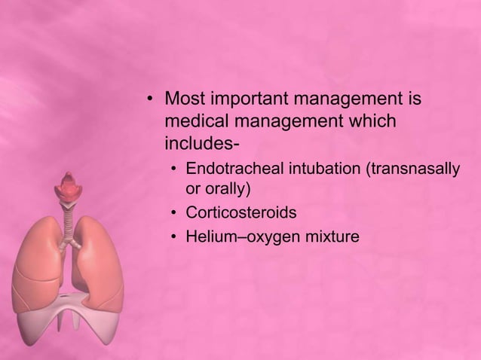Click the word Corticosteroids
point(236,212)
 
